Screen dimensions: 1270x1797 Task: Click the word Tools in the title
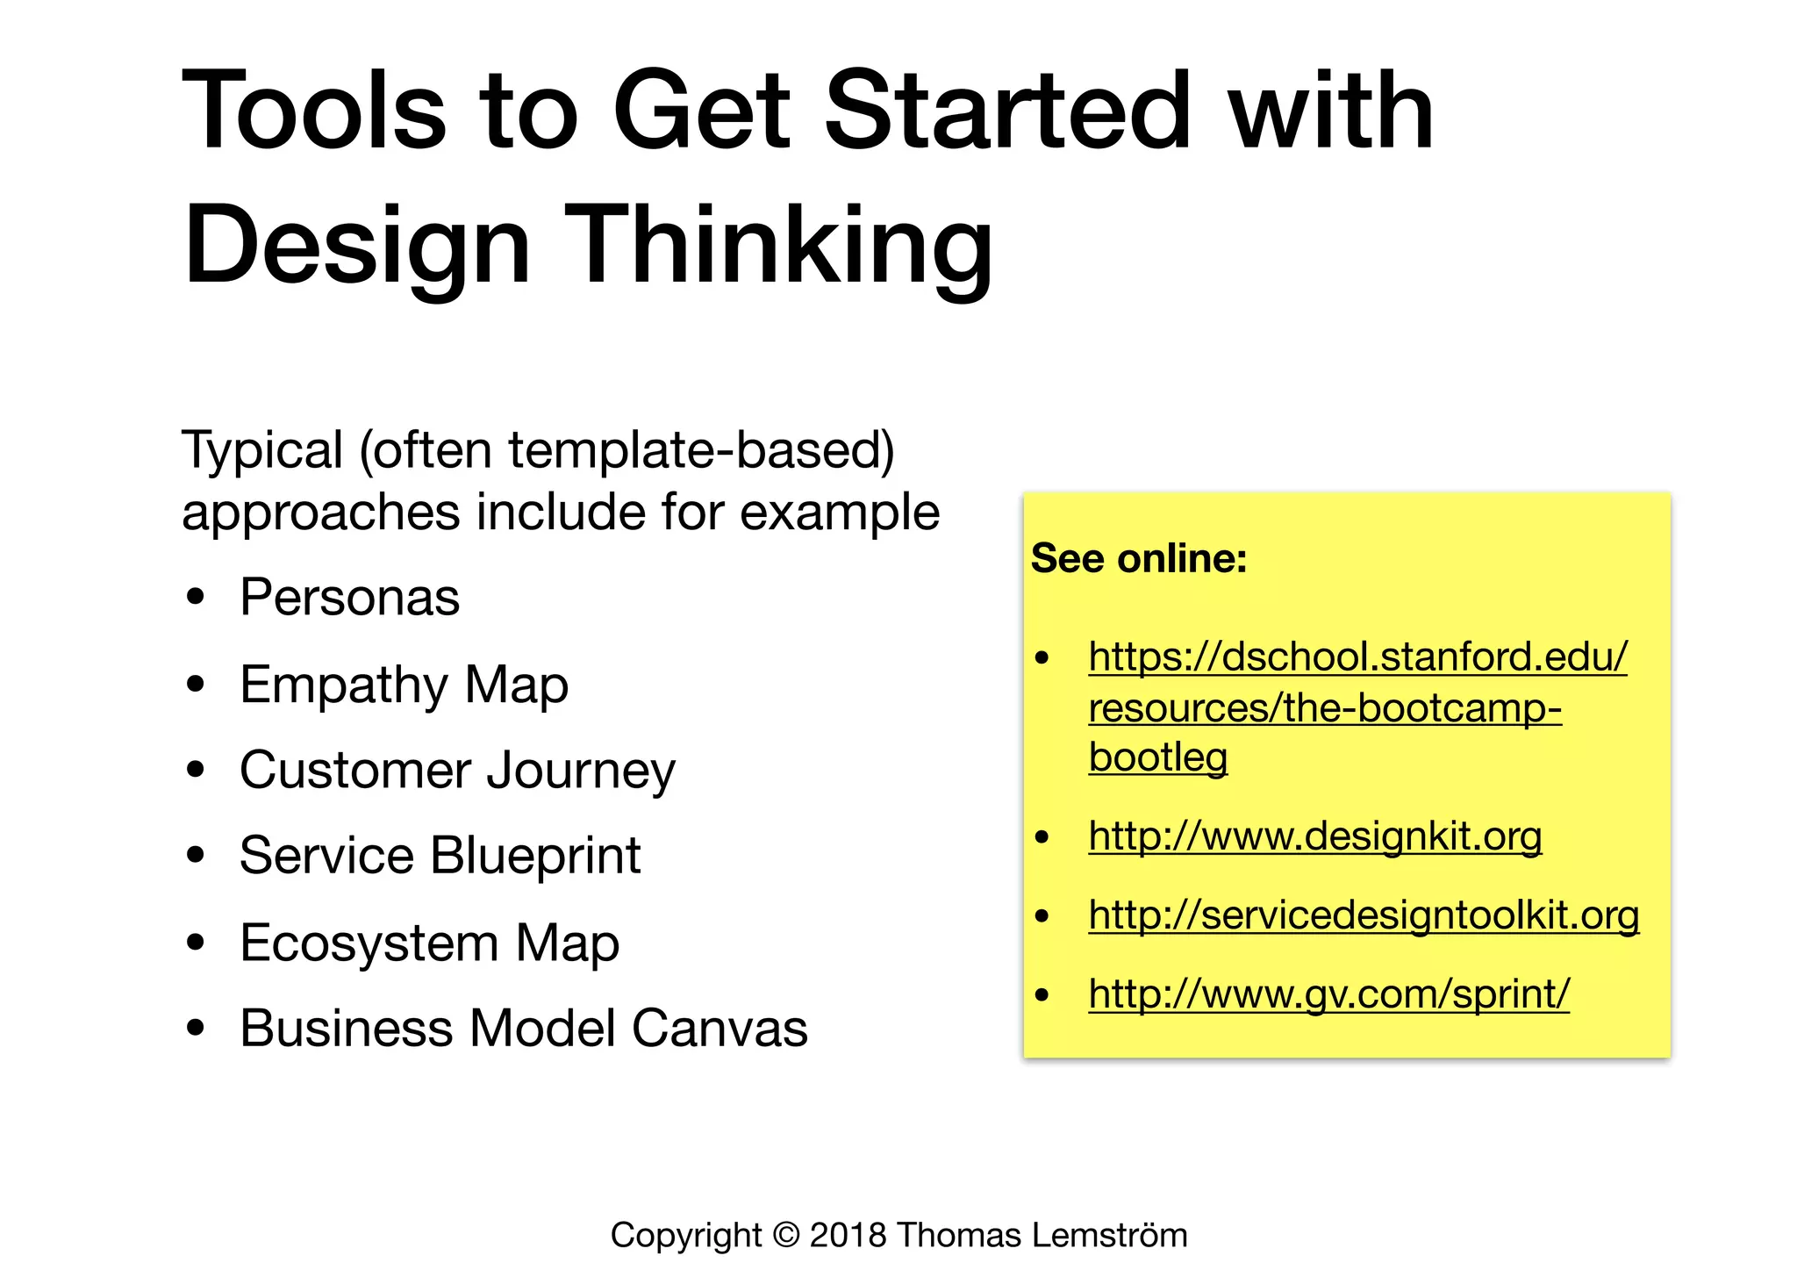click(x=314, y=111)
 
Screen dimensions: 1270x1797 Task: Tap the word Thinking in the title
click(x=783, y=245)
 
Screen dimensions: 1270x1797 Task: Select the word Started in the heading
click(x=1007, y=111)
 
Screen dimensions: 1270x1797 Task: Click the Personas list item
click(x=349, y=598)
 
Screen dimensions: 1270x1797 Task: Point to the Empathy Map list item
click(x=404, y=685)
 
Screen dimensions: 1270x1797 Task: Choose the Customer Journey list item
click(x=457, y=771)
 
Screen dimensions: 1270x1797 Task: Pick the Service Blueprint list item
click(x=440, y=856)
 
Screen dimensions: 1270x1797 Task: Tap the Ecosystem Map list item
click(x=429, y=943)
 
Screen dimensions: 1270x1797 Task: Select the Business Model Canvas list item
click(x=523, y=1028)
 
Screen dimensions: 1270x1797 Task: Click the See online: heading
click(x=1138, y=558)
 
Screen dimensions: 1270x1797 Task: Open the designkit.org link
click(x=1314, y=836)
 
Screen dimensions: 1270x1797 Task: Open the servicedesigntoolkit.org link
click(x=1363, y=915)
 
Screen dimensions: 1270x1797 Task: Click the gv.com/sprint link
click(x=1328, y=994)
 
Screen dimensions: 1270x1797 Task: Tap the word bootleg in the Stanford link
click(x=1157, y=757)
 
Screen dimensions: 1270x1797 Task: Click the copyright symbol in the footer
click(x=786, y=1235)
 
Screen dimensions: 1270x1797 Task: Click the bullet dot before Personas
click(x=196, y=598)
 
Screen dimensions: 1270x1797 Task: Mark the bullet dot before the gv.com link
click(x=1042, y=995)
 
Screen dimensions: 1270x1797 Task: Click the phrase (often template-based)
click(x=626, y=450)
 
